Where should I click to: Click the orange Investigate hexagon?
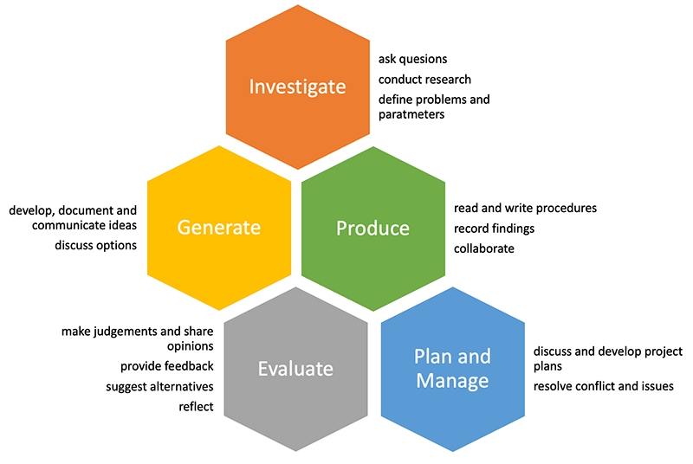(x=297, y=87)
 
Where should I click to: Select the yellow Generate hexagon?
(x=218, y=228)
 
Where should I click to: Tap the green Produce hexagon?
(x=372, y=228)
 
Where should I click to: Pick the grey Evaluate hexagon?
(x=295, y=369)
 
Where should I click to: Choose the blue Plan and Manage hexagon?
(x=451, y=369)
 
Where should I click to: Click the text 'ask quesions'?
(x=413, y=60)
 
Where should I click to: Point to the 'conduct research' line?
(x=424, y=80)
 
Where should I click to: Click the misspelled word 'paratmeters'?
(x=411, y=113)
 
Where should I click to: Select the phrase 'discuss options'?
(x=96, y=245)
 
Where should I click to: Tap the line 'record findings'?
(x=494, y=229)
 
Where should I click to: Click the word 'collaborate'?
(x=484, y=248)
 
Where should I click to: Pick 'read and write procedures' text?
(x=525, y=209)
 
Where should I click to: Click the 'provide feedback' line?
(x=166, y=366)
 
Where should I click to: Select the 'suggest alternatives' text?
(x=159, y=386)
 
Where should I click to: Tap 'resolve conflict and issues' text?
(x=603, y=386)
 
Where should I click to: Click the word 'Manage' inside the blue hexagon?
(x=451, y=381)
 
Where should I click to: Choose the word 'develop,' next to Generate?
(x=34, y=210)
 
